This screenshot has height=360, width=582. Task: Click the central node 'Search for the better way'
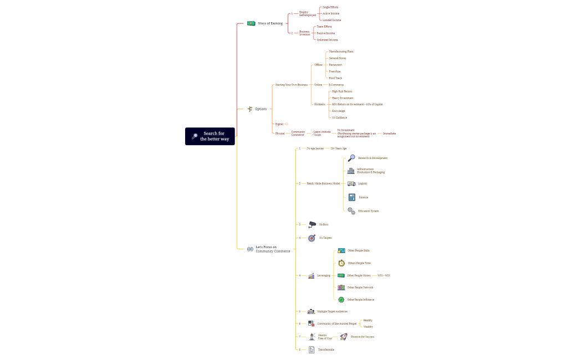[210, 136]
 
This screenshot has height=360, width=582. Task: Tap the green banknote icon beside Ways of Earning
[251, 23]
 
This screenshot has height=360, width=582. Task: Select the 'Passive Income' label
[326, 33]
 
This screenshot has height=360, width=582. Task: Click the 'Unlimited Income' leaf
[327, 40]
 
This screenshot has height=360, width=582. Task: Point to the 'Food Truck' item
[335, 78]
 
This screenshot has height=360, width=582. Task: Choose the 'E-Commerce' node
[336, 85]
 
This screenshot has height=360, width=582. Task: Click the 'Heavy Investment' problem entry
[343, 98]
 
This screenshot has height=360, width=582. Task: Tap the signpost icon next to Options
[250, 109]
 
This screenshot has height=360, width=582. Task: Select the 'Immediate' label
[389, 133]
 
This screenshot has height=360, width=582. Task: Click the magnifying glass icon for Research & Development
[351, 158]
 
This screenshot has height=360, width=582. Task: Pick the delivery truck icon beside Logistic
[351, 183]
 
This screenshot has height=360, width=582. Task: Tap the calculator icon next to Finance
[352, 197]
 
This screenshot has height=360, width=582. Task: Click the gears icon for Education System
[351, 211]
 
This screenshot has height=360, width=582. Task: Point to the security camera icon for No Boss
[313, 224]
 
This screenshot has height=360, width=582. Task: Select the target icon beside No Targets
[312, 238]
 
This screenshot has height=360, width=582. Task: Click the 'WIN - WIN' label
[384, 275]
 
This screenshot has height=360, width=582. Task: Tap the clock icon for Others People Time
[341, 263]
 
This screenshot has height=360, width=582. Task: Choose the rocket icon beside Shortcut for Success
[344, 337]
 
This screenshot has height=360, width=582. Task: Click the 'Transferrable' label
[326, 349]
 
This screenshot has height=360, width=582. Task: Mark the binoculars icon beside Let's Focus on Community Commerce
[250, 249]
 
